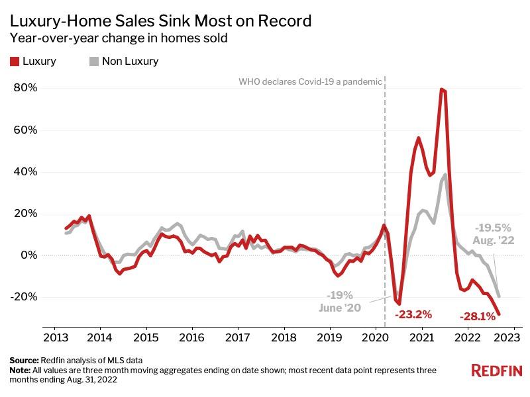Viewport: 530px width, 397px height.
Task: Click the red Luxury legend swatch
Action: tap(14, 62)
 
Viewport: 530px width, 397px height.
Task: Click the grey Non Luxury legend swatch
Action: tap(93, 62)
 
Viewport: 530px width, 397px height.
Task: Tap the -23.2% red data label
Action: tap(413, 314)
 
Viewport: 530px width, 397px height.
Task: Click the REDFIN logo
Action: tap(496, 371)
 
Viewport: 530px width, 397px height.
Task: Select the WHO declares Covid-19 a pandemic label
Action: tap(310, 82)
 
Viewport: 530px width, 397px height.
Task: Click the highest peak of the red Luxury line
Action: tap(441, 89)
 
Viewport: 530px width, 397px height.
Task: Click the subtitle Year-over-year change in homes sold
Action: tap(119, 38)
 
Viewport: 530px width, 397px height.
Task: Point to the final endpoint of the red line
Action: tap(499, 314)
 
